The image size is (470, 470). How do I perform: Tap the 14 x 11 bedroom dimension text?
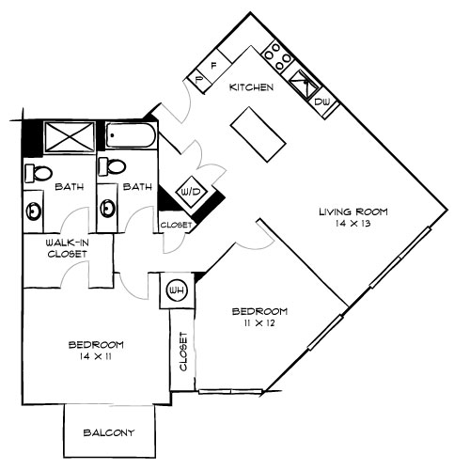(95, 356)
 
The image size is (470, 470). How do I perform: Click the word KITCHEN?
(252, 87)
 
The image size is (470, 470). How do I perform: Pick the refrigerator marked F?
(213, 69)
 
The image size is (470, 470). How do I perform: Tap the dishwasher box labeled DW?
(321, 102)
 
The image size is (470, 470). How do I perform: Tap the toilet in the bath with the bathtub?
(114, 168)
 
